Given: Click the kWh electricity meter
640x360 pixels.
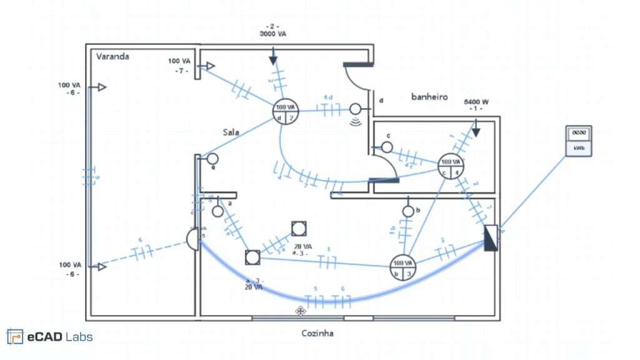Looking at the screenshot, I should [578, 141].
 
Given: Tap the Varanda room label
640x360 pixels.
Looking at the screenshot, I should [112, 56].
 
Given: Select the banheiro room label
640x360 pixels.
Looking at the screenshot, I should [429, 97].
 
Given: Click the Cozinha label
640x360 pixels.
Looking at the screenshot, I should [317, 333].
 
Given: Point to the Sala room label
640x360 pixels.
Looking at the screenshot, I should [232, 132].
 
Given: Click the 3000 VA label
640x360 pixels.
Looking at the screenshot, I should [273, 34].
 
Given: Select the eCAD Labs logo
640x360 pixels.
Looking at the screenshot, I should [50, 337].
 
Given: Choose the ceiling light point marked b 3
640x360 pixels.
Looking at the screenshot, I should [403, 267].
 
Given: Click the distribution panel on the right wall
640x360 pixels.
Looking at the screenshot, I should [491, 237].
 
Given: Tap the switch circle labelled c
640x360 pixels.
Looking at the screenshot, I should [386, 147].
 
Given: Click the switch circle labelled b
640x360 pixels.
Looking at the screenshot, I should [408, 211].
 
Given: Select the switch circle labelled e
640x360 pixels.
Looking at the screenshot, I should [212, 159].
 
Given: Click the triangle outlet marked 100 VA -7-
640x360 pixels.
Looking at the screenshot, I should [211, 66].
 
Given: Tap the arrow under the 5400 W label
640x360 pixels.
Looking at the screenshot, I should [476, 128].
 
